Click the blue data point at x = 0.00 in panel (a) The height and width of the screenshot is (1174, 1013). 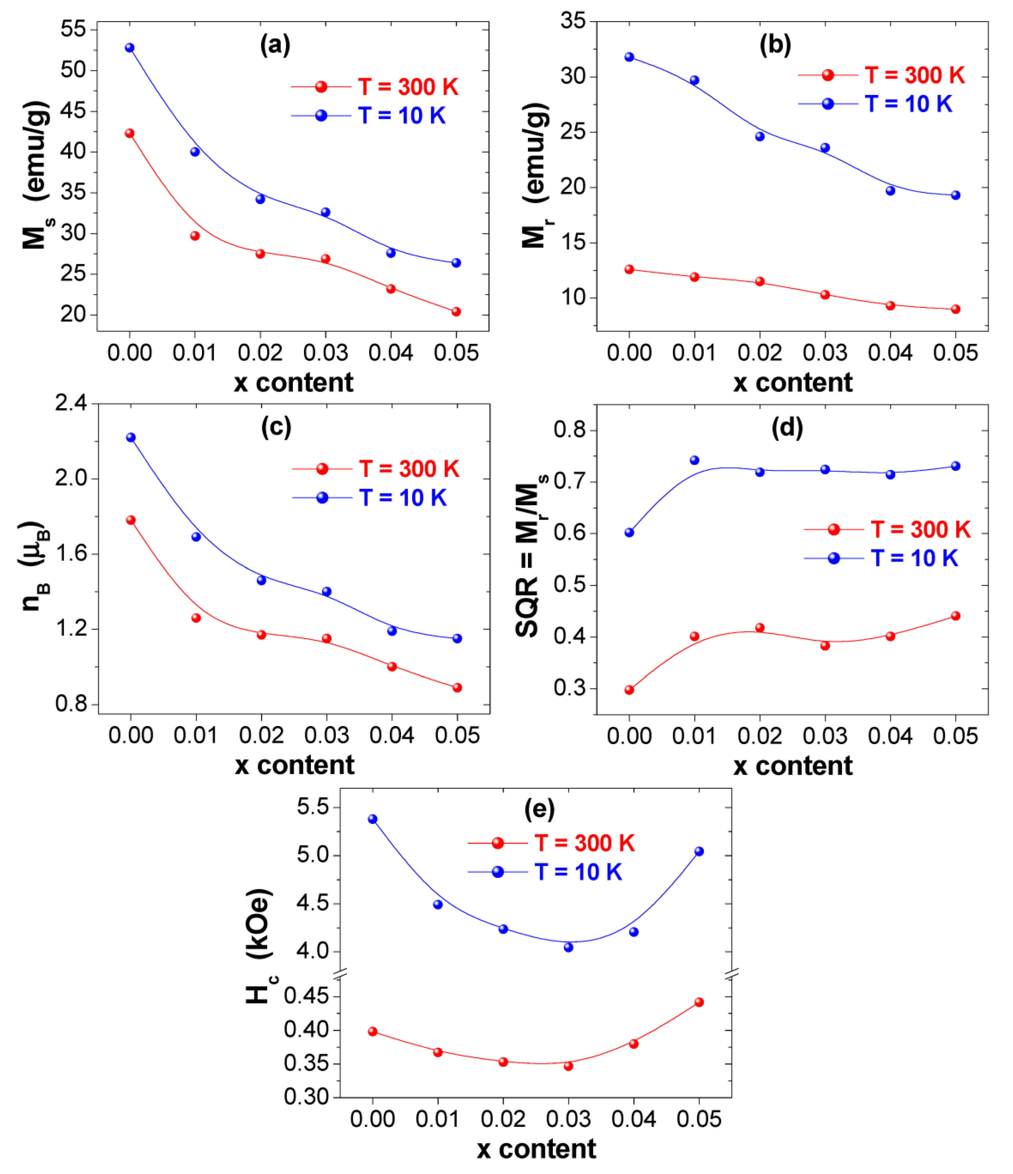point(130,47)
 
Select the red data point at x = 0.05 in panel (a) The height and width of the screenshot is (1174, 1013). point(456,312)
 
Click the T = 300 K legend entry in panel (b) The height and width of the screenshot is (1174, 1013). point(881,75)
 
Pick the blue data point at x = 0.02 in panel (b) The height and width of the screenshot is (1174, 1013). point(760,137)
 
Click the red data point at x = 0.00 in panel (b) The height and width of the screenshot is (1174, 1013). point(630,269)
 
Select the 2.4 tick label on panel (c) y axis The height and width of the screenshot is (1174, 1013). point(71,403)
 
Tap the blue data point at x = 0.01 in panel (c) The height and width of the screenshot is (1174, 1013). point(196,537)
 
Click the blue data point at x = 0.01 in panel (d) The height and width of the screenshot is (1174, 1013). point(695,460)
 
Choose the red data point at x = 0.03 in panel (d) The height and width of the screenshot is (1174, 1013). point(825,646)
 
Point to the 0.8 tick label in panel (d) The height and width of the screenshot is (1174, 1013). point(570,430)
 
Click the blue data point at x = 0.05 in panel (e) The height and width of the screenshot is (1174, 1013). point(699,851)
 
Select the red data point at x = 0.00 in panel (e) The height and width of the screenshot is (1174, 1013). point(373,1031)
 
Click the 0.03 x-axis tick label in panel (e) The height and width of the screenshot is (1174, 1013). point(568,1119)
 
